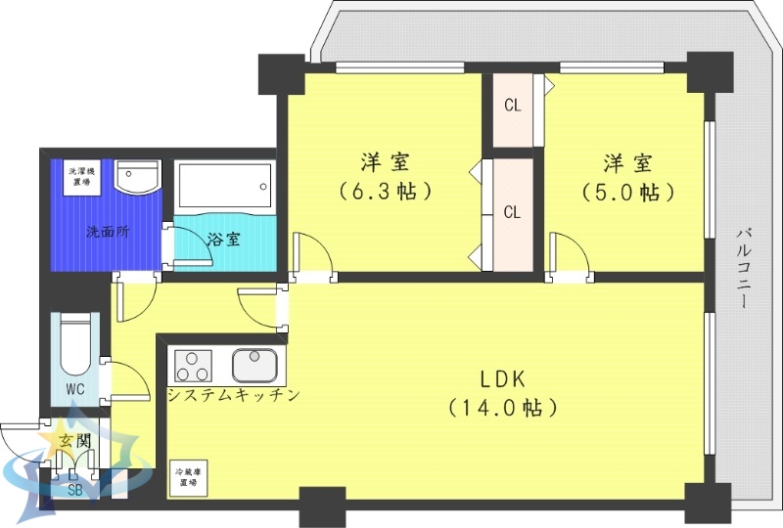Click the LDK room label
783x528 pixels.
point(502,378)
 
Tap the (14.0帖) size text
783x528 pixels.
point(502,406)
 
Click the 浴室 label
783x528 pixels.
point(224,239)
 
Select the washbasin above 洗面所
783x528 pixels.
point(135,176)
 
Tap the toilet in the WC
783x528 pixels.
point(75,345)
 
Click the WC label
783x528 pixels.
point(75,389)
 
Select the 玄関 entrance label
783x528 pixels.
point(74,441)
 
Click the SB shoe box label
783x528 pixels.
point(75,490)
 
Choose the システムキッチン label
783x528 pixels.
point(232,395)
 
